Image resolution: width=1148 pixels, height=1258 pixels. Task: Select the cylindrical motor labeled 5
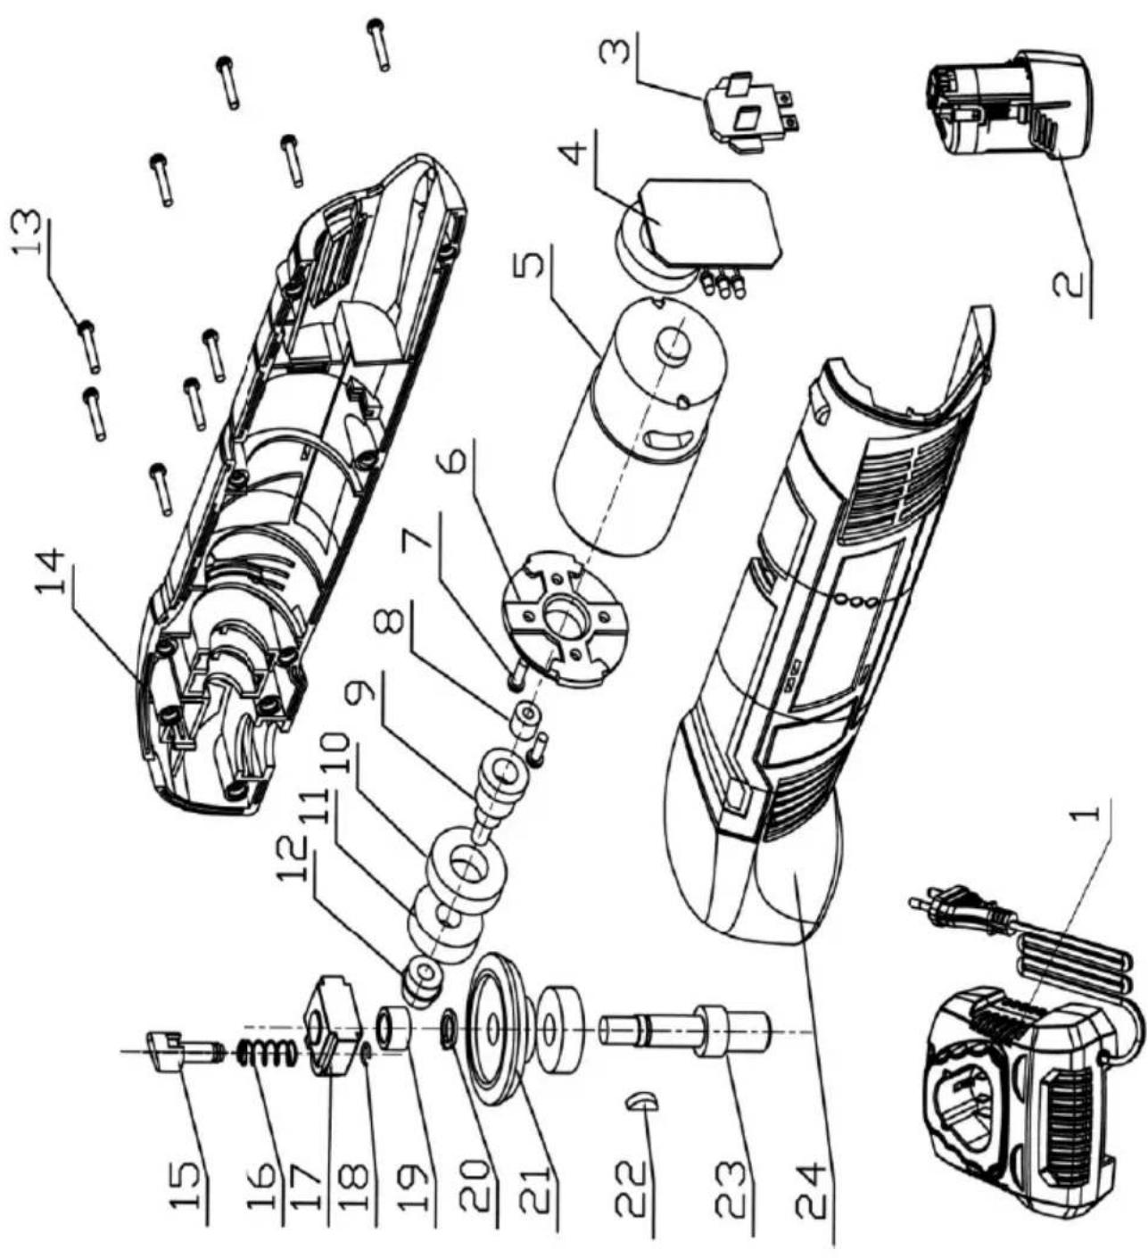pyautogui.click(x=639, y=423)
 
